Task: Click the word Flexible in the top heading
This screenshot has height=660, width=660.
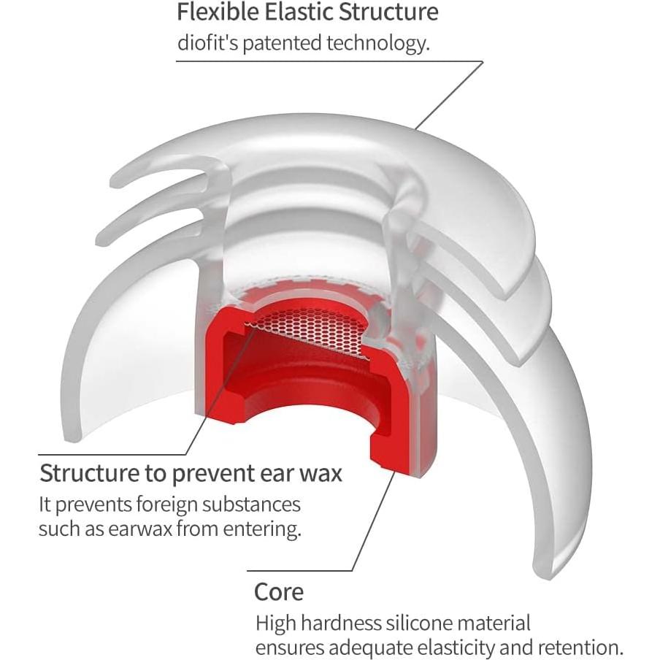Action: (218, 12)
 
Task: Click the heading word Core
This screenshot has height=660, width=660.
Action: (279, 592)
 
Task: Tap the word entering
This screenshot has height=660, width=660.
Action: (262, 529)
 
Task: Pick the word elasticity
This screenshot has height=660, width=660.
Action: (473, 648)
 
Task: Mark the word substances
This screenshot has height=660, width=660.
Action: (251, 504)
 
